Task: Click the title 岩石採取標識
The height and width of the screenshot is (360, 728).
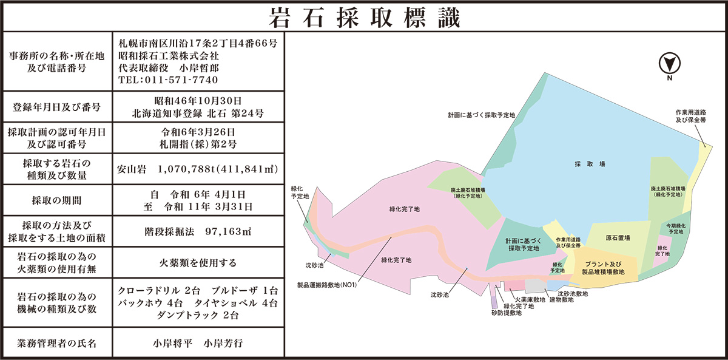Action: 364,17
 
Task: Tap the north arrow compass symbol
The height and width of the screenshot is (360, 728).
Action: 670,63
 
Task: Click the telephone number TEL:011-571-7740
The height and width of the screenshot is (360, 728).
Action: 169,80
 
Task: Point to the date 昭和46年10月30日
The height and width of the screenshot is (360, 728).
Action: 198,100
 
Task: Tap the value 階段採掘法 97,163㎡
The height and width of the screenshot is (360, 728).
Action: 198,231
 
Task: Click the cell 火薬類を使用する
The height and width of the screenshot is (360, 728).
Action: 198,263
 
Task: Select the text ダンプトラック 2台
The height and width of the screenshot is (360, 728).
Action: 198,315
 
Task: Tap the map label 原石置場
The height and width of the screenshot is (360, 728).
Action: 618,237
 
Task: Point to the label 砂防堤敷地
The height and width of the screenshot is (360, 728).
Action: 507,313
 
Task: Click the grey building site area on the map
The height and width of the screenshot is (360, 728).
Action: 536,285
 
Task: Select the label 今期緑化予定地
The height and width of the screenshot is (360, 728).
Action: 675,229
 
